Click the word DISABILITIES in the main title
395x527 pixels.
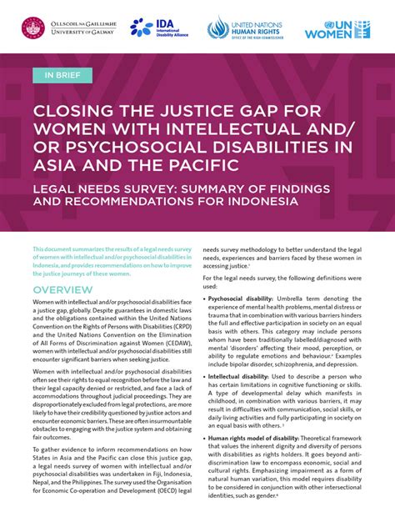277,149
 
